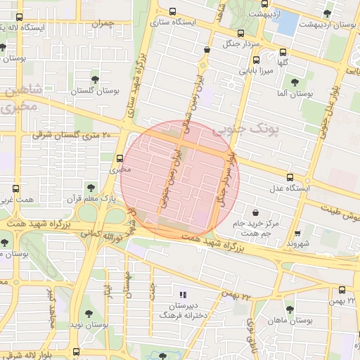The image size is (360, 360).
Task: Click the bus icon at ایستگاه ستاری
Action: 173,11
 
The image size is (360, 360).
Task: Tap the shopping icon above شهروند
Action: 297,232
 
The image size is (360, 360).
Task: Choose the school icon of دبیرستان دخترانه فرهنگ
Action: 183,295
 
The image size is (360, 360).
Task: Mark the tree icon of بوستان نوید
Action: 88,314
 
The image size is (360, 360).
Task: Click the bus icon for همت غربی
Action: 16,188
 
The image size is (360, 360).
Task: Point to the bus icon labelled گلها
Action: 283,52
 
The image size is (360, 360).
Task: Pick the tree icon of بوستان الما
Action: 294,82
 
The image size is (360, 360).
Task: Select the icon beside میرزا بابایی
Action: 228,82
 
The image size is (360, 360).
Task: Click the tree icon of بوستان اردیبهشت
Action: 326,13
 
